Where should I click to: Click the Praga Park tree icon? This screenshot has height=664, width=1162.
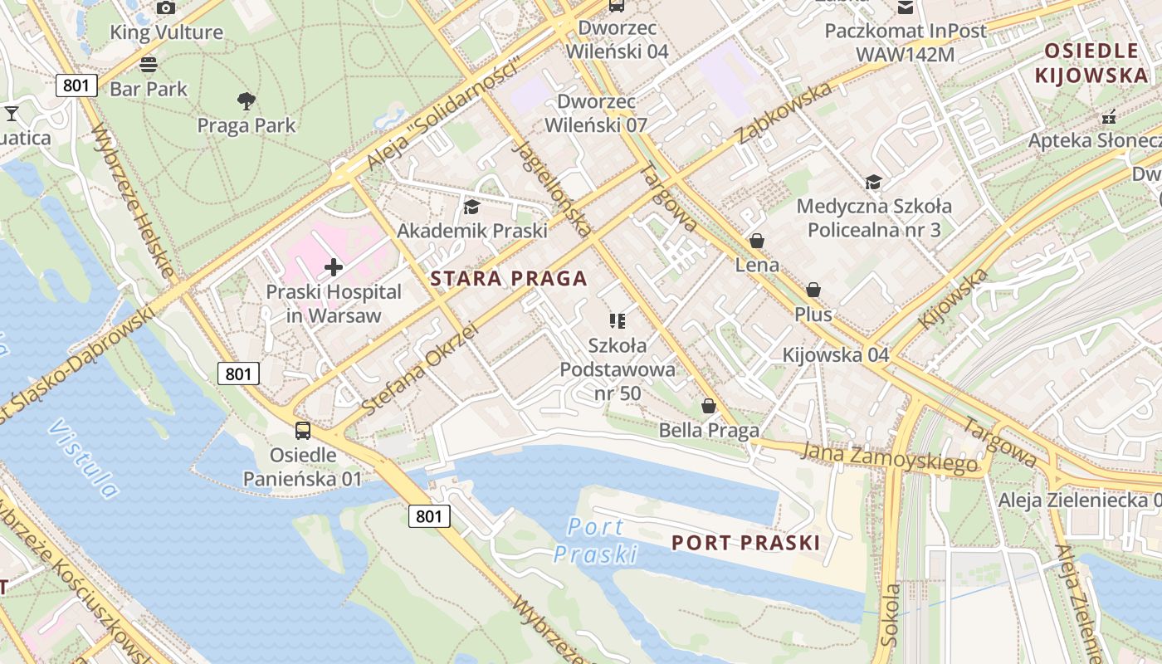(x=246, y=101)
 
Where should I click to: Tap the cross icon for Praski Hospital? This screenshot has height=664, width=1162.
(x=334, y=267)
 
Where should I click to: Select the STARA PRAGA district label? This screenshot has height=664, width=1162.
(x=509, y=279)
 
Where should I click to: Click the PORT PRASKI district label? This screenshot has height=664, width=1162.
(x=745, y=543)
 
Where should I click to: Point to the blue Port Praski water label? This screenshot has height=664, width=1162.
(x=596, y=539)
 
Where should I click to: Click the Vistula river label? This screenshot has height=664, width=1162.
(x=83, y=458)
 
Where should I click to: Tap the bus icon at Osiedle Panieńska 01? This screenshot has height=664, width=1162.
(x=303, y=430)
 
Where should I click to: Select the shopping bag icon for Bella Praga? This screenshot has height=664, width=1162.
(x=709, y=406)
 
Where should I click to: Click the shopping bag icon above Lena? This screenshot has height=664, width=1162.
(x=756, y=241)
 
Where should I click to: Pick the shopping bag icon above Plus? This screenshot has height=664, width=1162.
(x=813, y=290)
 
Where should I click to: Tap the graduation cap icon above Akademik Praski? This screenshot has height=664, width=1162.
(x=471, y=207)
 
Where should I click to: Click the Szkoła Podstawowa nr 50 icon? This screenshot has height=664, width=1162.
(x=617, y=320)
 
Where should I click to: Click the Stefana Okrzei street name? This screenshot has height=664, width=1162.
(x=421, y=369)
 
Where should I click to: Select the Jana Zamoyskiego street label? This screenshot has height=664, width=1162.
(x=890, y=458)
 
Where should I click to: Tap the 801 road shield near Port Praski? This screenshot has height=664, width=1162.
(x=429, y=516)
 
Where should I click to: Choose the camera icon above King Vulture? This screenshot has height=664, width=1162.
(x=166, y=7)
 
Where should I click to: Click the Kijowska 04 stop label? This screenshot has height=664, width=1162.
(x=836, y=355)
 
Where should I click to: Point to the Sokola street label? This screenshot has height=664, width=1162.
(x=891, y=614)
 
